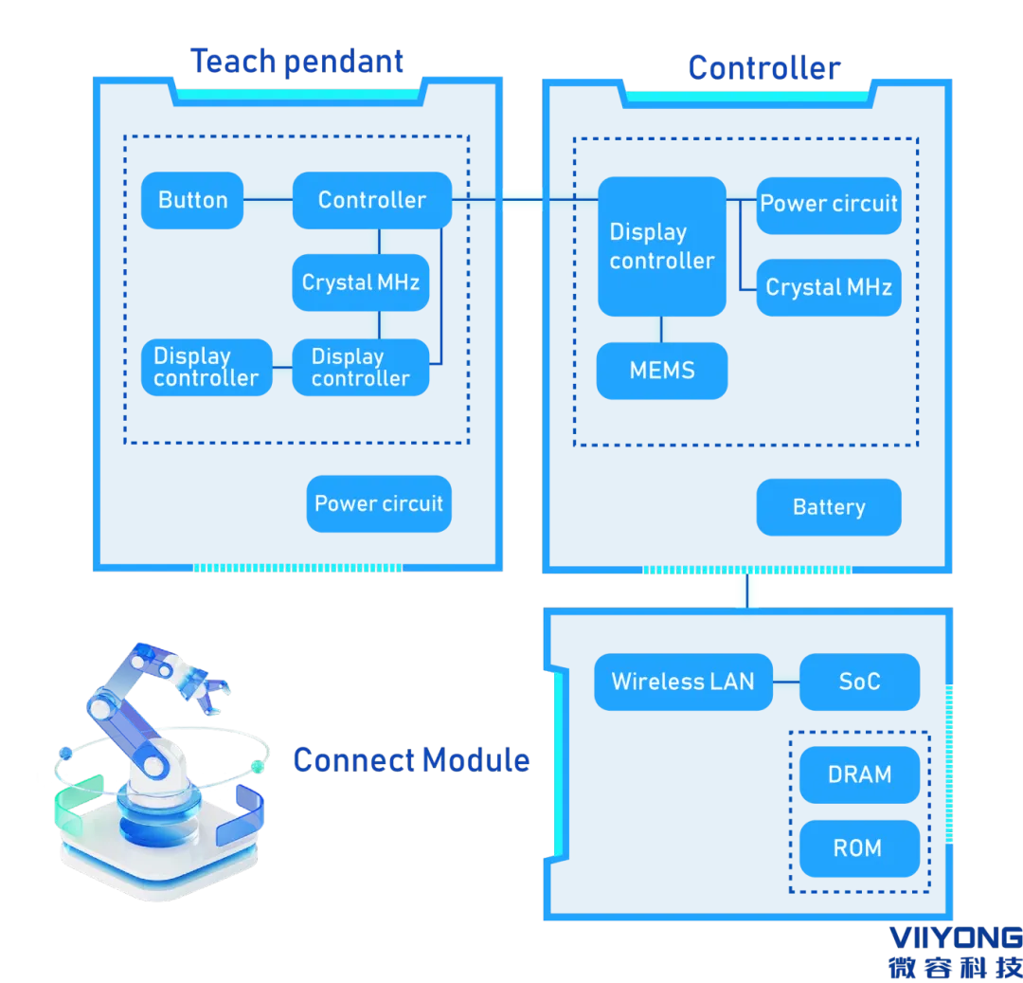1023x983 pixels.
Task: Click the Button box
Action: [x=192, y=200]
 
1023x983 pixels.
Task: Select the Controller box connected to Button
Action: [x=372, y=200]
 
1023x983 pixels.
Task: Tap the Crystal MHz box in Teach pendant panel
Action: [x=361, y=282]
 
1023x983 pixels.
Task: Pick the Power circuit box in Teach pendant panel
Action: [x=379, y=504]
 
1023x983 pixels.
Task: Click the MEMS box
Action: [x=662, y=371]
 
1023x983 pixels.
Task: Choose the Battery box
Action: [x=829, y=508]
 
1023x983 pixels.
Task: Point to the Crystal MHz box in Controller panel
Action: [x=829, y=288]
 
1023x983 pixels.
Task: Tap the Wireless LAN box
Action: [x=684, y=683]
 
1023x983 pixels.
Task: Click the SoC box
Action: [x=860, y=683]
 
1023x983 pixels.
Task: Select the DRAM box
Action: [x=860, y=775]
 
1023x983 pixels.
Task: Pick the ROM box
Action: [x=860, y=849]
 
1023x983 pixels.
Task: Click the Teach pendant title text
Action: [x=296, y=63]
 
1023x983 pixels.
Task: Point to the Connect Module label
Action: [x=412, y=760]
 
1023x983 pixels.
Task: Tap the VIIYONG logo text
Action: [x=956, y=938]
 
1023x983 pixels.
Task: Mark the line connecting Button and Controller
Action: [x=268, y=200]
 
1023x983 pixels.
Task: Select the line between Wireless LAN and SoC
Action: [x=786, y=683]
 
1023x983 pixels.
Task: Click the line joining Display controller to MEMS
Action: [x=661, y=330]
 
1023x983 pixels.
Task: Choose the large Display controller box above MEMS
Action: [x=662, y=246]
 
